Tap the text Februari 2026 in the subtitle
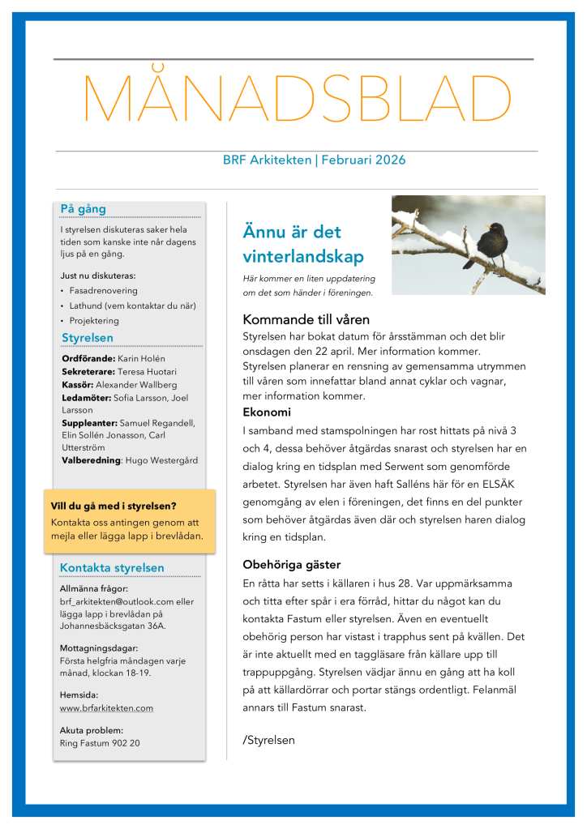point(363,160)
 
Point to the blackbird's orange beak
point(488,227)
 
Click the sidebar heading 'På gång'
point(84,209)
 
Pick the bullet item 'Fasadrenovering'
point(104,290)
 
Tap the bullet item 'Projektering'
point(94,321)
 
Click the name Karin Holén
point(142,358)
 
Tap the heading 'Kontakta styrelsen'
point(113,568)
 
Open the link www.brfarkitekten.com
point(106,708)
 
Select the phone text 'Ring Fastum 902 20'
point(100,742)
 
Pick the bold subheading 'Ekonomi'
point(267,412)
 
